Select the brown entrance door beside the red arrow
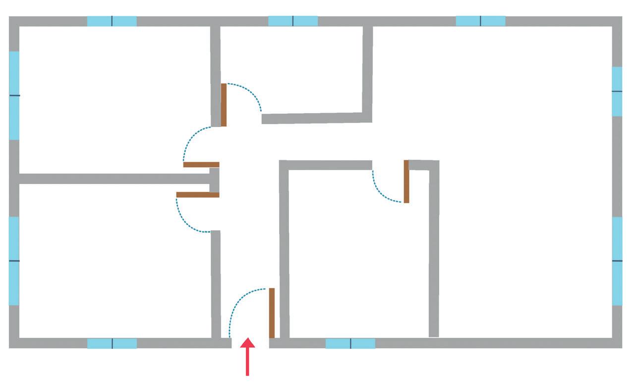tap(272, 313)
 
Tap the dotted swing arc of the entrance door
tap(237, 303)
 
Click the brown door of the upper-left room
tap(201, 164)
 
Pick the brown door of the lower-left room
tap(198, 194)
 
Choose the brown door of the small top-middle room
tap(224, 105)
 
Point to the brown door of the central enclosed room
tap(406, 181)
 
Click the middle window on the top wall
tap(292, 21)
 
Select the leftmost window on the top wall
tap(112, 21)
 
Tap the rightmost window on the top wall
tap(480, 21)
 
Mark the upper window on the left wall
tap(14, 95)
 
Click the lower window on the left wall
tap(14, 260)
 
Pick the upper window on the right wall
tap(617, 91)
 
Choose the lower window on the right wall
tap(617, 260)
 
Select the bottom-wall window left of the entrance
tap(112, 343)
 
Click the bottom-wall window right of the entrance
tap(350, 343)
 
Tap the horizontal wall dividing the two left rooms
tap(114, 179)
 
